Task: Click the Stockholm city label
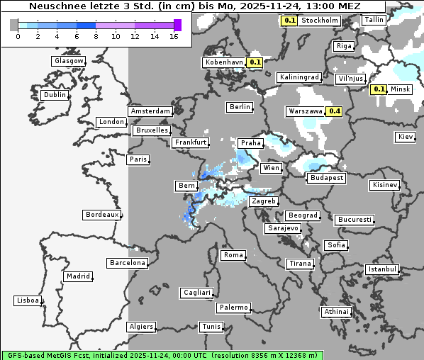click(319, 21)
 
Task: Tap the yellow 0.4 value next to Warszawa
click(335, 111)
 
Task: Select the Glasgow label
click(69, 61)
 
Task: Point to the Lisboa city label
click(27, 300)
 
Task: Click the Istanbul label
click(382, 269)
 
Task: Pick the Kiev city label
click(406, 136)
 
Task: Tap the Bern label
click(186, 186)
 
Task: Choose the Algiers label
click(140, 327)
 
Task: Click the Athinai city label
click(336, 312)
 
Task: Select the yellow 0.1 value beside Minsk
click(379, 89)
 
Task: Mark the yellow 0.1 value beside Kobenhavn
click(256, 62)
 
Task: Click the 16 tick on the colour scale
click(174, 36)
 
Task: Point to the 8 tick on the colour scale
click(96, 36)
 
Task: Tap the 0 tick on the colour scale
click(17, 36)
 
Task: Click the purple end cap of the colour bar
click(177, 25)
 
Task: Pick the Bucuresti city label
click(355, 220)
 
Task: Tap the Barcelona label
click(128, 263)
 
